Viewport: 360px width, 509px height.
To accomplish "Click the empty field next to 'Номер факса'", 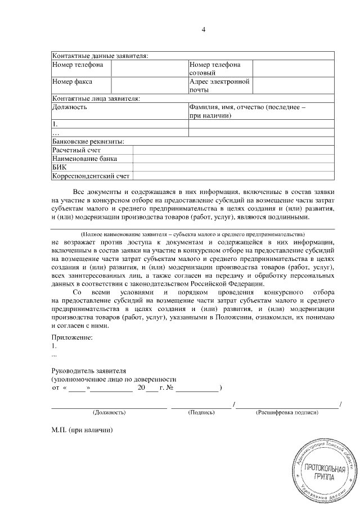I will pyautogui.click(x=149, y=85).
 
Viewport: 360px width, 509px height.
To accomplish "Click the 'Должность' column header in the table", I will pyautogui.click(x=70, y=106).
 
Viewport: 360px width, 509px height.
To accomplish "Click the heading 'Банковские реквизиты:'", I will pyautogui.click(x=88, y=141).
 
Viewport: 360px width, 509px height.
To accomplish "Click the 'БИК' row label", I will pyautogui.click(x=60, y=167).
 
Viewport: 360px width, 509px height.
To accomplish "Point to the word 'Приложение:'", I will pyautogui.click(x=71, y=337).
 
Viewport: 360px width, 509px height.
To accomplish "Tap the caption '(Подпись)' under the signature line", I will pyautogui.click(x=201, y=413).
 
